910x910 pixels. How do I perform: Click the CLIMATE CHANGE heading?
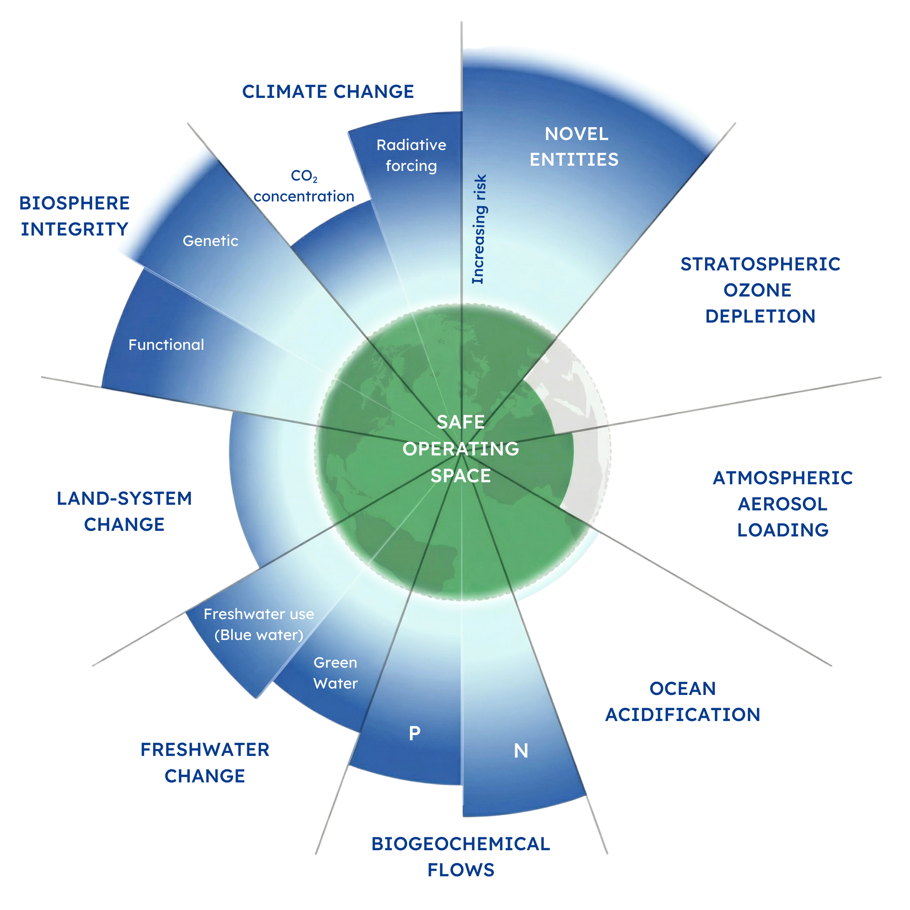328,91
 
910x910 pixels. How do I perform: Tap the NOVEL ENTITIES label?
574,147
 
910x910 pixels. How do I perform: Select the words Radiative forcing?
411,155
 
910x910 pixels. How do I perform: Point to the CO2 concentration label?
304,186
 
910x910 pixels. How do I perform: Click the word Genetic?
210,241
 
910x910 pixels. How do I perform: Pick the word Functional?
166,345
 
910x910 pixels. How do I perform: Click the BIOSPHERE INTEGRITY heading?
74,216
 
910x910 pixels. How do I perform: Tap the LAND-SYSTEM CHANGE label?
124,511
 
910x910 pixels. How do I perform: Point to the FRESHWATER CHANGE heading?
205,763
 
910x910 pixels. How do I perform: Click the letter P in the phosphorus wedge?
414,733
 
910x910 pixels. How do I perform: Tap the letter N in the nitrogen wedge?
521,751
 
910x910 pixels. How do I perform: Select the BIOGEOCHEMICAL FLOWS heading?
461,857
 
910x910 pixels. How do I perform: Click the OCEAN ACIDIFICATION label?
682,701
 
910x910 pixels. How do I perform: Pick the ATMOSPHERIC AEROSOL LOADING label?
783,504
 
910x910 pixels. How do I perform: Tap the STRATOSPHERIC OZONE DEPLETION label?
760,290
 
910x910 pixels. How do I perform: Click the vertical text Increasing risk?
479,230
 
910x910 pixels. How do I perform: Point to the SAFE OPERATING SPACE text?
461,449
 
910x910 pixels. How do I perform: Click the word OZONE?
758,290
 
